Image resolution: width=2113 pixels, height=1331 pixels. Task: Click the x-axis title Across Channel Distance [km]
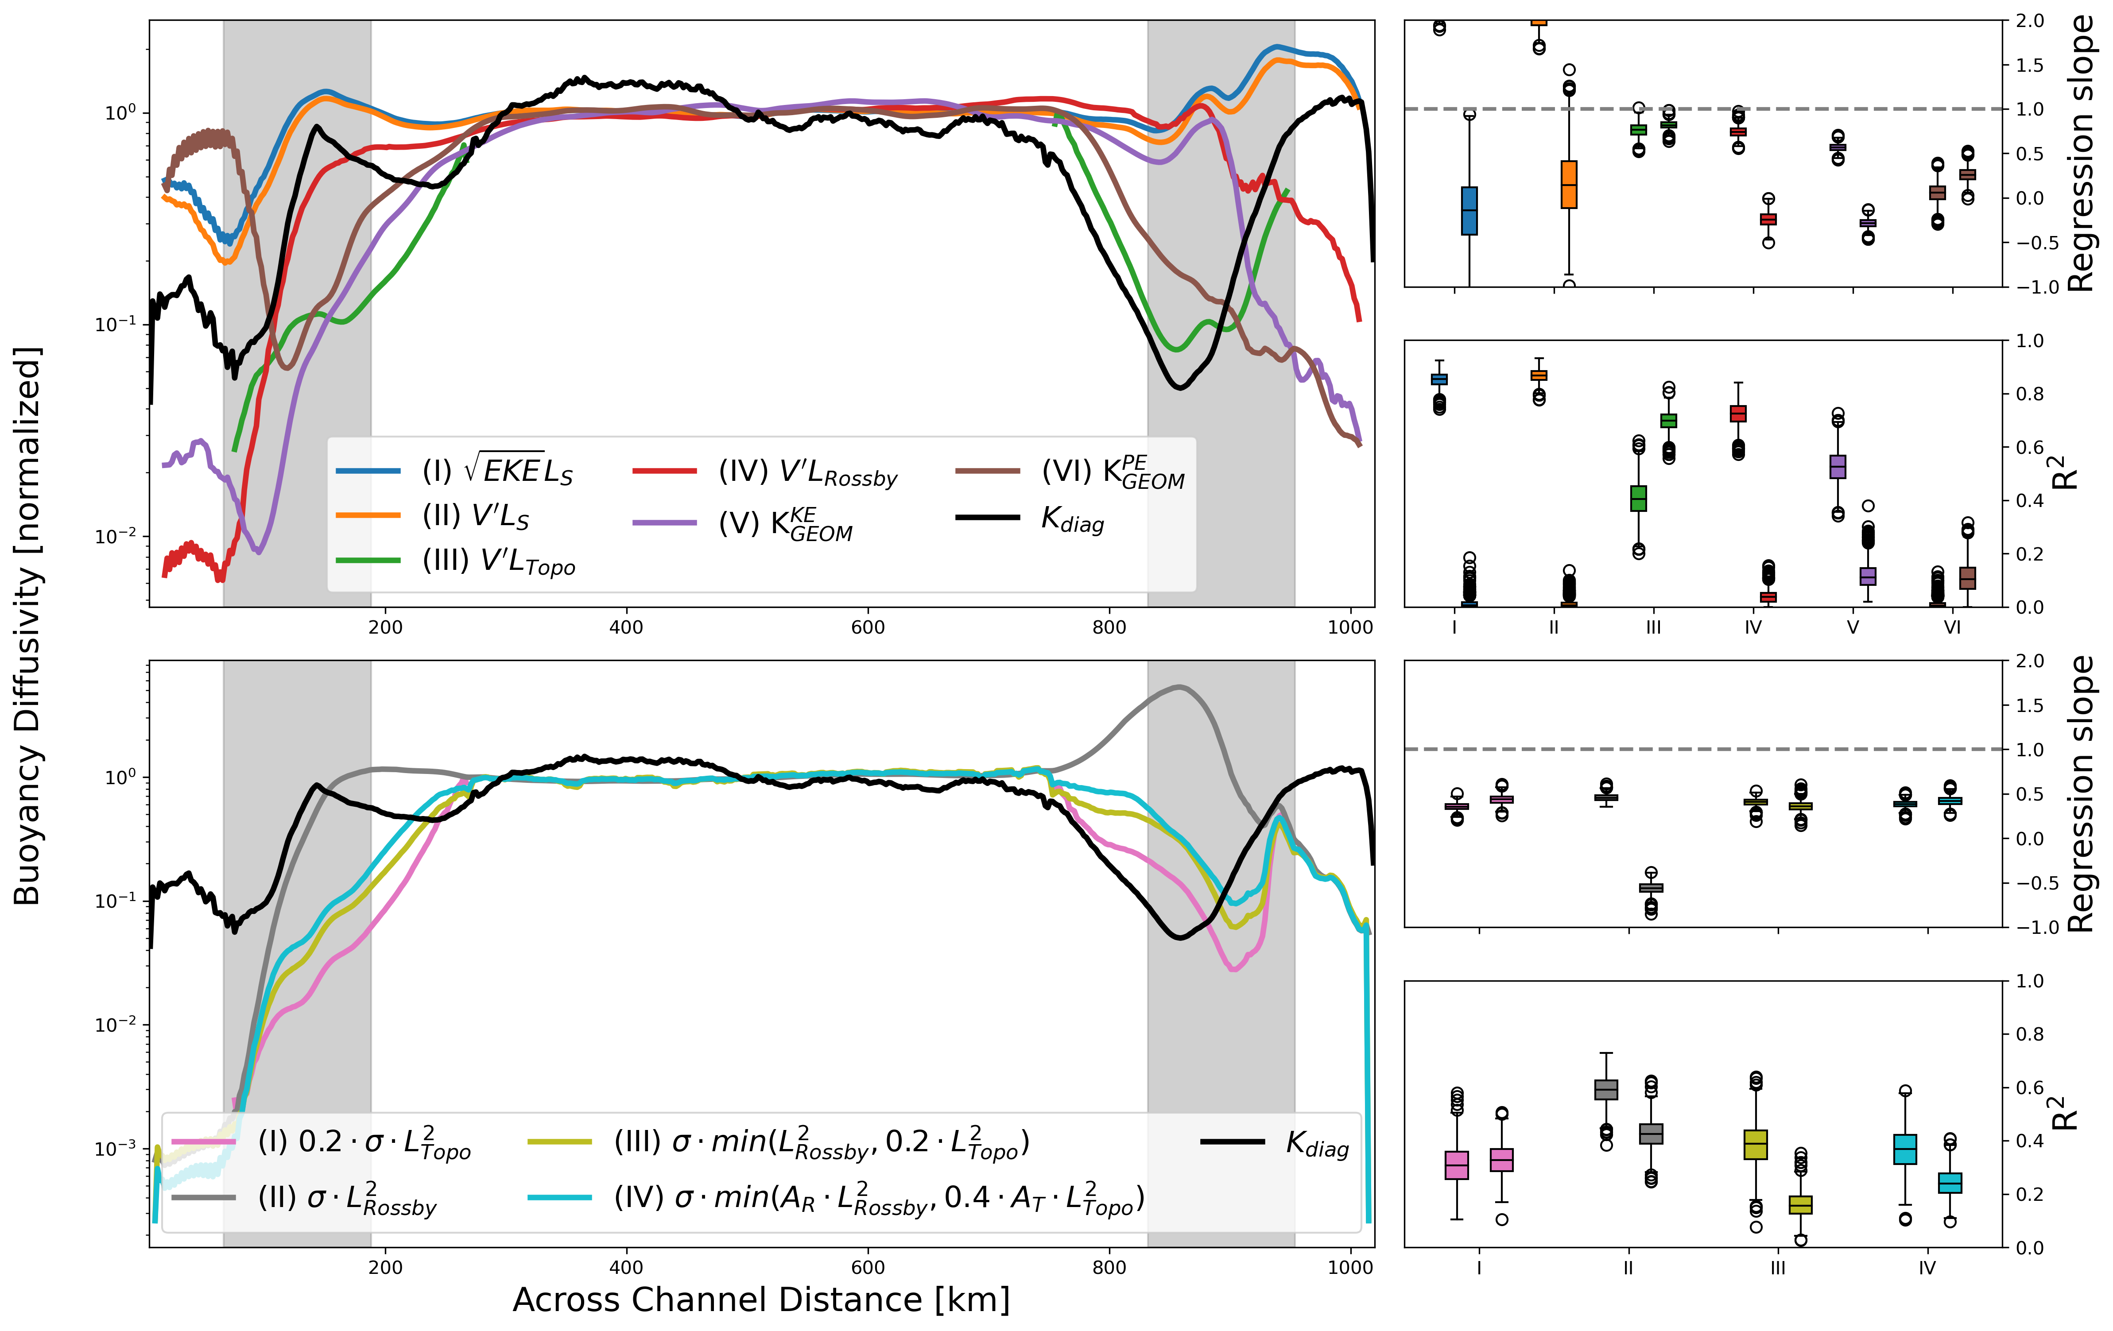(x=761, y=1300)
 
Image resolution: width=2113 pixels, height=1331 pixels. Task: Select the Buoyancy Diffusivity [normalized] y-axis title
(x=28, y=626)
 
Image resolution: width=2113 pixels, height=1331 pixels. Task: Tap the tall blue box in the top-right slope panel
(x=1469, y=211)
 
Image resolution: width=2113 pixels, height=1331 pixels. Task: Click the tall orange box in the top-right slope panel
(x=1569, y=184)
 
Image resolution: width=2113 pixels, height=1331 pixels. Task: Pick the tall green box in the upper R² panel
(x=1638, y=499)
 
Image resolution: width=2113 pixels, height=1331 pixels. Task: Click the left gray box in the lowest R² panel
(x=1606, y=1090)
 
